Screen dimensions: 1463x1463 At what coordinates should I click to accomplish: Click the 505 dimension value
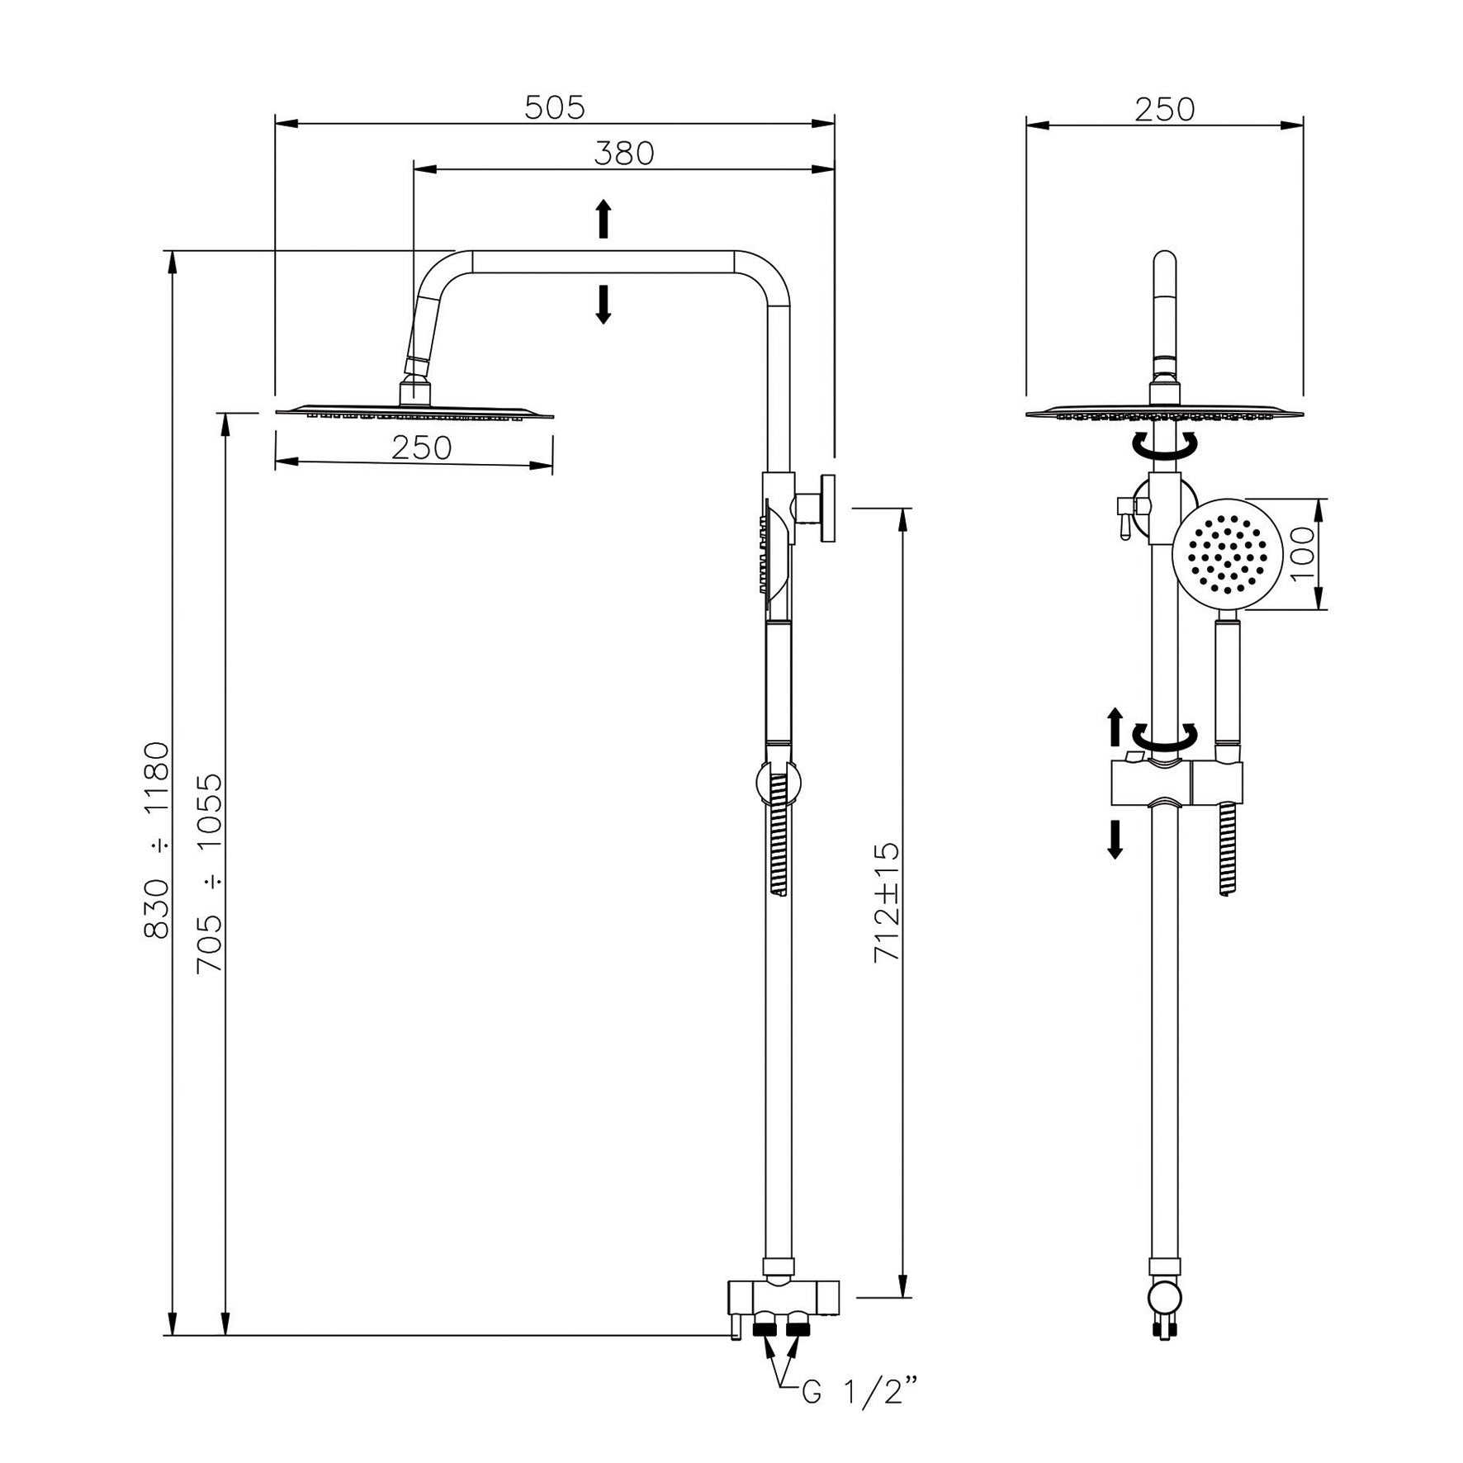(555, 107)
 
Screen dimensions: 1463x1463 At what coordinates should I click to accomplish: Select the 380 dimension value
(624, 154)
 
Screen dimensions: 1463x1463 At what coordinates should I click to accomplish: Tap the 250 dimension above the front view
(1164, 109)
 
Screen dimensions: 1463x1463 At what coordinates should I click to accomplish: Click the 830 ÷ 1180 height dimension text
(157, 840)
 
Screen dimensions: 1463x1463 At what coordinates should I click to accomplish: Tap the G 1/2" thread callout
(859, 1396)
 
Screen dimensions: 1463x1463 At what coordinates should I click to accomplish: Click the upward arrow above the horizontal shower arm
(604, 219)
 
